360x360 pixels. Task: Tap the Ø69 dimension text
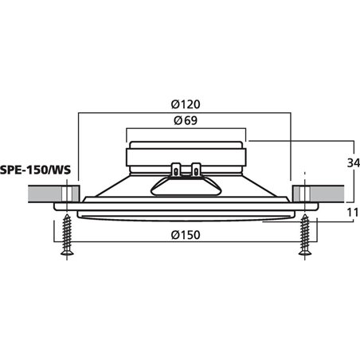click(184, 121)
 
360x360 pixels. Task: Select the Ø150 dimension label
click(184, 234)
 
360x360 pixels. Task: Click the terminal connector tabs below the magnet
click(185, 170)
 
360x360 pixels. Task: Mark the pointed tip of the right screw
click(303, 256)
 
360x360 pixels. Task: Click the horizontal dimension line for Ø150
click(119, 243)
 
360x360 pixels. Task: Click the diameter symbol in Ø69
click(174, 121)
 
